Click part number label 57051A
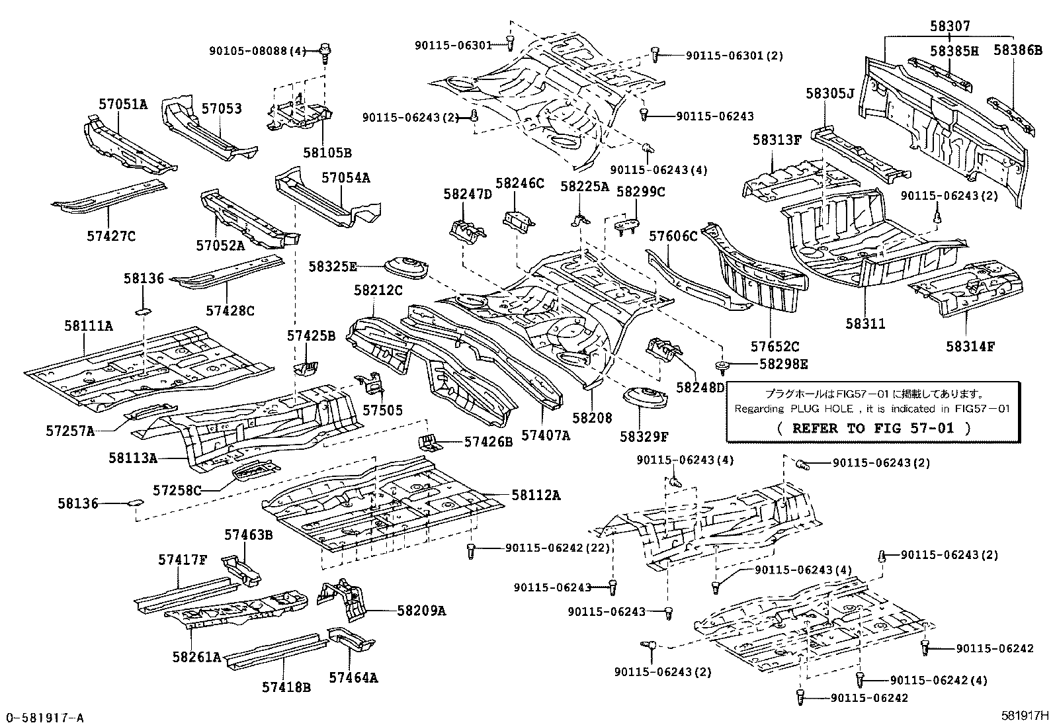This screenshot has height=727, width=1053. point(123,104)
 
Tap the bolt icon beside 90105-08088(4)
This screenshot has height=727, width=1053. point(325,51)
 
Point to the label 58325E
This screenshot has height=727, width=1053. point(333,267)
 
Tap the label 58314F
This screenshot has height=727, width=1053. point(970,346)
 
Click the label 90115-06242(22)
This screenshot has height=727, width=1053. point(557,548)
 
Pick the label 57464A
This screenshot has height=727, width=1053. point(353,677)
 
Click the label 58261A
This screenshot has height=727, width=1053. point(196,657)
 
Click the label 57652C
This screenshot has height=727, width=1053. point(775,346)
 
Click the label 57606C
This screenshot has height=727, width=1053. point(673,236)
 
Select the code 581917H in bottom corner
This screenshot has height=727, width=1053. point(1025,715)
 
